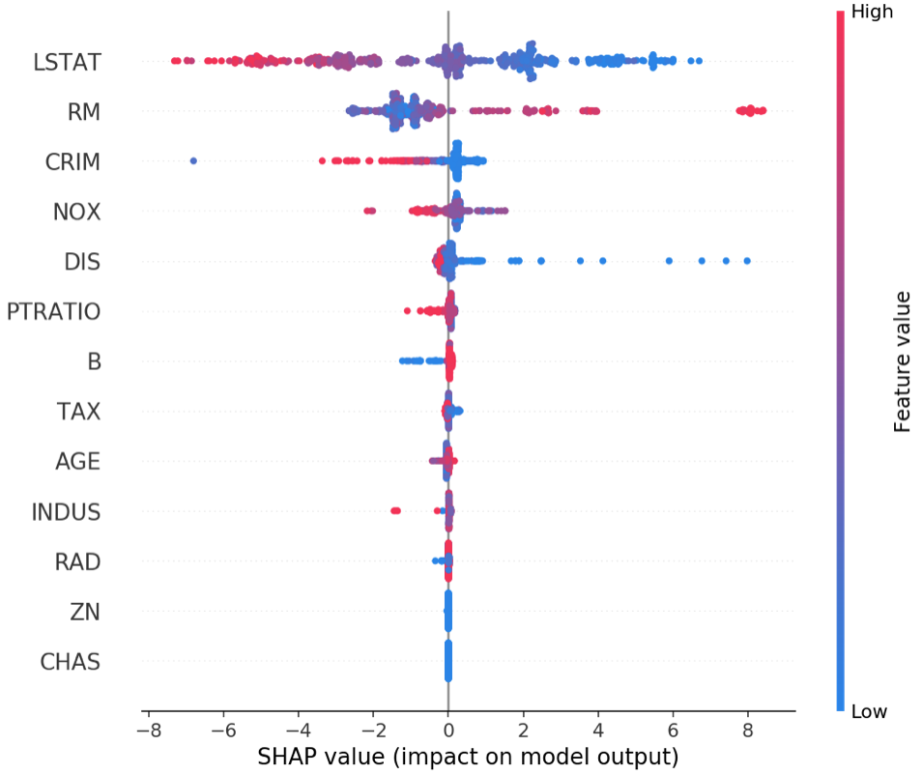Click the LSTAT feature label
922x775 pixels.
[67, 62]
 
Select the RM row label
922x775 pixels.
[84, 112]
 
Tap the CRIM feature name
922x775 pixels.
[72, 161]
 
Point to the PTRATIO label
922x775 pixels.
[53, 312]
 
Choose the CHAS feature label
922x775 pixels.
[70, 662]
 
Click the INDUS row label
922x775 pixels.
[66, 512]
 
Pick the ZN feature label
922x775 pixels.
[85, 612]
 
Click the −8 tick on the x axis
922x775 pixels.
[149, 731]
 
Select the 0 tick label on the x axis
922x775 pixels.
[448, 731]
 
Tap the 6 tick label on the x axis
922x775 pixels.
[673, 731]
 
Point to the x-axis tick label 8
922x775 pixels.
[747, 731]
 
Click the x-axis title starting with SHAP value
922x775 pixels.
[468, 757]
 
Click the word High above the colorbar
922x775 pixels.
[872, 12]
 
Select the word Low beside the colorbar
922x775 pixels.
[869, 711]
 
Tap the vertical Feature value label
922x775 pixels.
[902, 362]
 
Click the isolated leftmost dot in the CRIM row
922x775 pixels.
[193, 160]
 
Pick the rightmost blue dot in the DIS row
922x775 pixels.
[747, 261]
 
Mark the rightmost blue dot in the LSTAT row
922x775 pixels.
[699, 61]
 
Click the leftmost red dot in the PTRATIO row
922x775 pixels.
[407, 310]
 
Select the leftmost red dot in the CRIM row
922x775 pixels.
[322, 160]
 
